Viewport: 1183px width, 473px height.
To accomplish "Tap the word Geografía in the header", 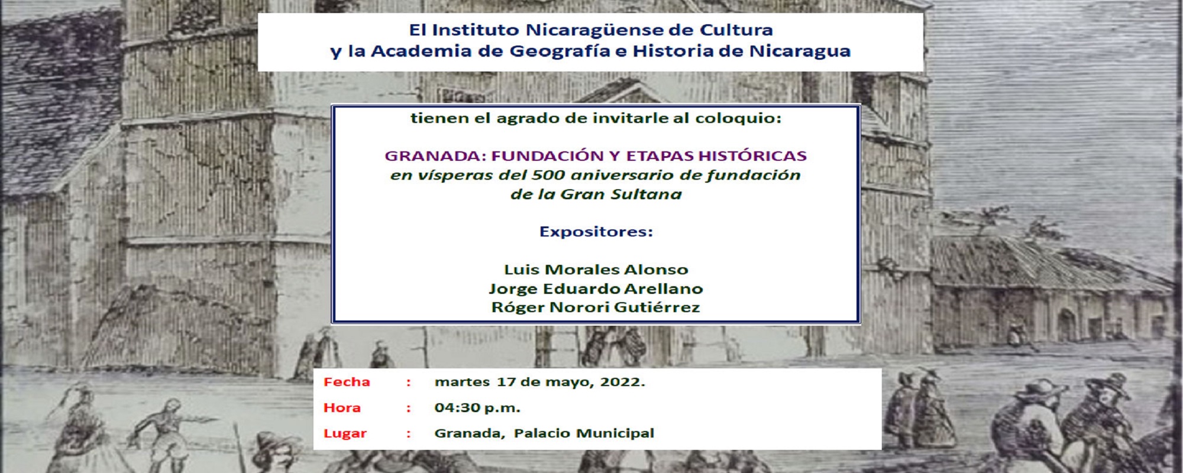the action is [560, 52].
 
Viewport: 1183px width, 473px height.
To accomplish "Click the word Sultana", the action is [646, 195].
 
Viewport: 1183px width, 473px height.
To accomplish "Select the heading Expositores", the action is [596, 232].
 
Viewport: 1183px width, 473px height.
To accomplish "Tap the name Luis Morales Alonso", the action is [596, 270].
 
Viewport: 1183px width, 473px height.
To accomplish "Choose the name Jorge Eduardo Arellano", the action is [596, 289].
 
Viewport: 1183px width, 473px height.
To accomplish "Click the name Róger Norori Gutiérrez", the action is [596, 307].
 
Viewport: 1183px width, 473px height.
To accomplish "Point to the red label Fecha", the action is [347, 382].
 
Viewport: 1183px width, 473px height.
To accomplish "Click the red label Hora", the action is [342, 407].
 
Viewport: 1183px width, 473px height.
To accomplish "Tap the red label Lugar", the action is [345, 433].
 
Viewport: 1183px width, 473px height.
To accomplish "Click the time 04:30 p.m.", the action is [477, 407].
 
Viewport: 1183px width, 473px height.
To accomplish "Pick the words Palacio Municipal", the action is [584, 433].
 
